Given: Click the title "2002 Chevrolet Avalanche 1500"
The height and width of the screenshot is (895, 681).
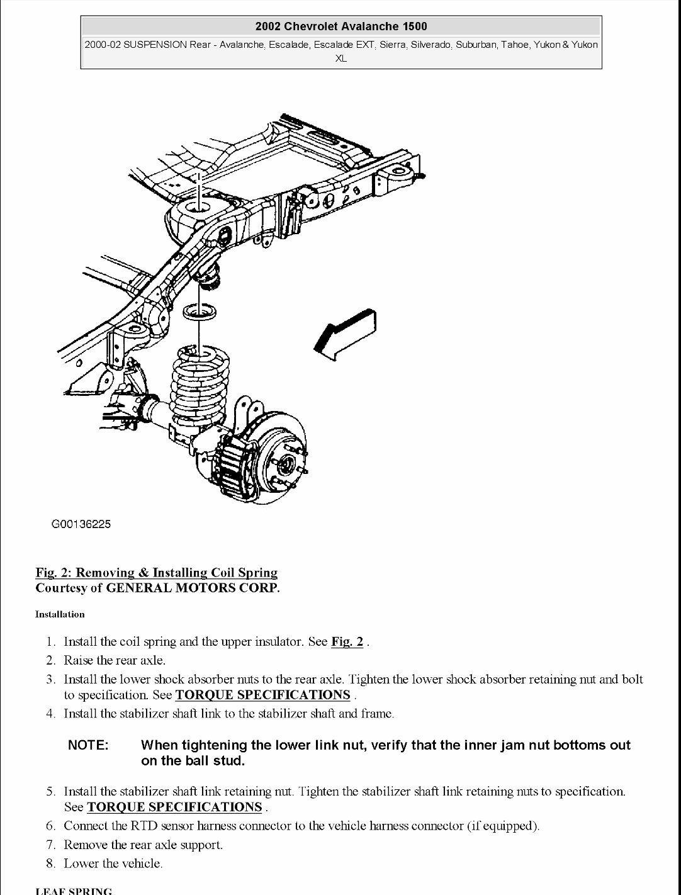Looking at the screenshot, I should coord(341,26).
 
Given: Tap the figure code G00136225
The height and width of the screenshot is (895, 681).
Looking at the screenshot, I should coord(81,524).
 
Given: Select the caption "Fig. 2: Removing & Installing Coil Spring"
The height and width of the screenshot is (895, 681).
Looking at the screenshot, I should coord(156,573).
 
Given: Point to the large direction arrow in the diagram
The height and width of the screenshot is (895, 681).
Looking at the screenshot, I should coord(346,334).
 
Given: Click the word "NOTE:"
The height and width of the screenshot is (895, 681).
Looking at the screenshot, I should coord(88,745).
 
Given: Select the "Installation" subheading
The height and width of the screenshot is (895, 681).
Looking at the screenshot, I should coord(60,614).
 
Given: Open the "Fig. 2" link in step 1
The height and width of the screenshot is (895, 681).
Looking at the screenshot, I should coord(347,642).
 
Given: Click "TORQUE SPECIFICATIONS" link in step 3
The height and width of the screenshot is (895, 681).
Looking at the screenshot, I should coord(262,695).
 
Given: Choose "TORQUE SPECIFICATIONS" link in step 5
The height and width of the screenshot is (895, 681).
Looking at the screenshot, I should coord(174,807).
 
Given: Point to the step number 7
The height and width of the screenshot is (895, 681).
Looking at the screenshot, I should coord(50,845).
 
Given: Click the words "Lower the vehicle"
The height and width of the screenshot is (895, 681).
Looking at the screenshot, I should coord(113,864).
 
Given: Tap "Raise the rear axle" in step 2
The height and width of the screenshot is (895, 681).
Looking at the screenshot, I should coord(114,661).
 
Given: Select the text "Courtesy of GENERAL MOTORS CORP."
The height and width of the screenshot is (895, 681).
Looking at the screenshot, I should coord(157,588).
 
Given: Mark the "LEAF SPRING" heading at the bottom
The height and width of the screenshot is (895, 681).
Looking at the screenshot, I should coord(74,891).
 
